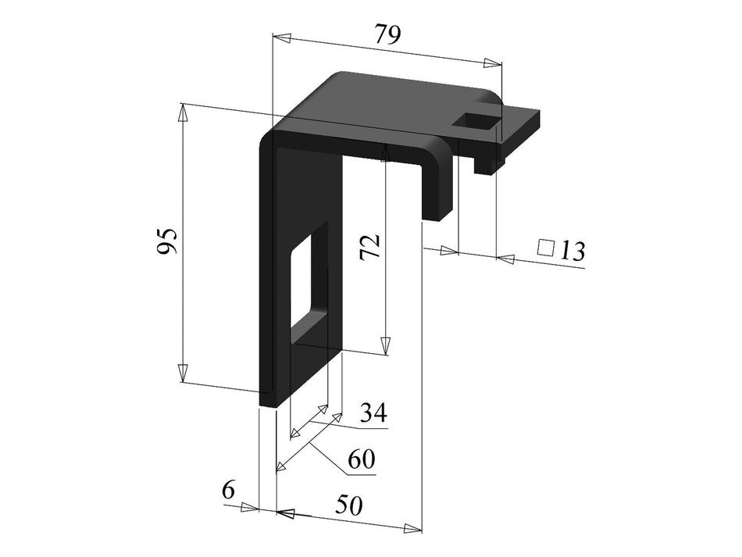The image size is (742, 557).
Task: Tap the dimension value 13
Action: [x=571, y=251]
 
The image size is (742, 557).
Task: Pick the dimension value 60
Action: [x=361, y=460]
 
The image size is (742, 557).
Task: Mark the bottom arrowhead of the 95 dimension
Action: [x=184, y=373]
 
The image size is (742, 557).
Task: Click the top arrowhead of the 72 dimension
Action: [x=384, y=152]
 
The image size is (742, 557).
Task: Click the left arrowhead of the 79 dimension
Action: [x=281, y=38]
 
